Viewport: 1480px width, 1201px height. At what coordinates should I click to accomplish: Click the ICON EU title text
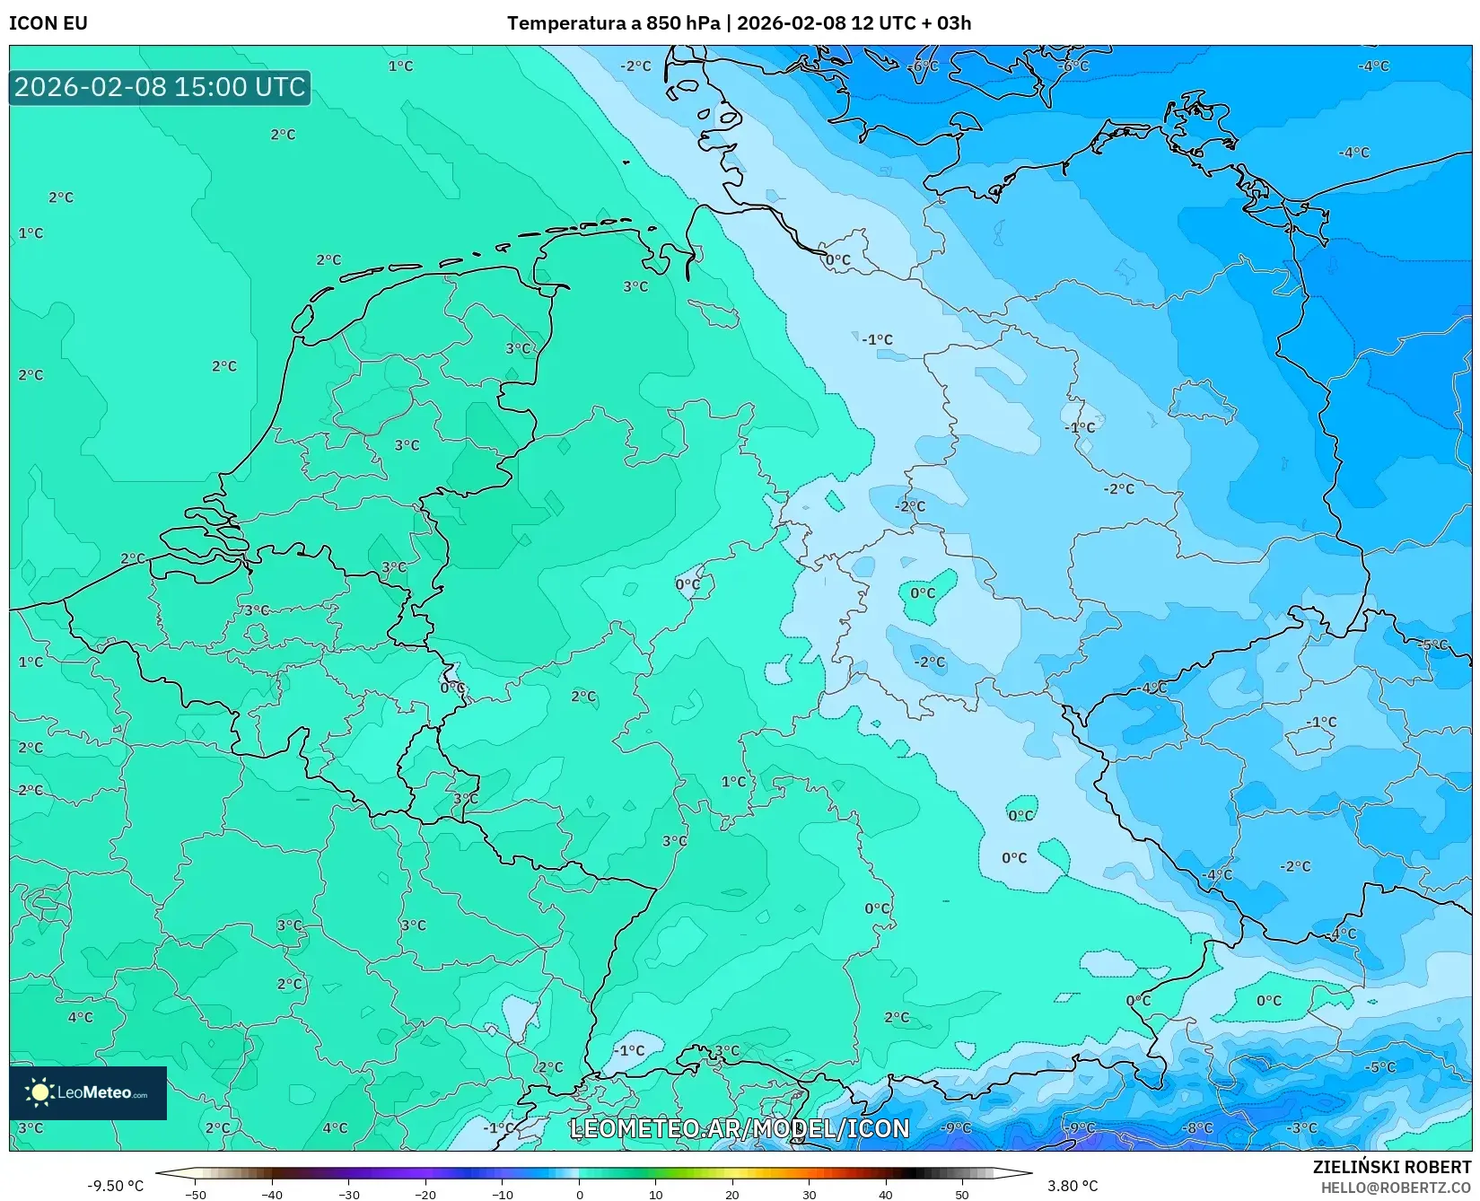click(x=48, y=23)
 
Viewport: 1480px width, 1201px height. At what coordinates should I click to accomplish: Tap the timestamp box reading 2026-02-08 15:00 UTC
click(x=160, y=87)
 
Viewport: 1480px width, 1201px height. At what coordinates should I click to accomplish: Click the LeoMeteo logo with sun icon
click(x=88, y=1092)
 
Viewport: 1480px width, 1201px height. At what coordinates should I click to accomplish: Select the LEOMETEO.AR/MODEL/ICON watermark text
click(x=740, y=1128)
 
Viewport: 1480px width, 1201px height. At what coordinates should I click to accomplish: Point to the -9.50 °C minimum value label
click(x=115, y=1186)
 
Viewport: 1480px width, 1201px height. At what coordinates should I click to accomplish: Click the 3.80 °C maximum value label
click(x=1073, y=1186)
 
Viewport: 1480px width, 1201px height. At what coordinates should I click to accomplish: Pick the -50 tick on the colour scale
click(x=195, y=1194)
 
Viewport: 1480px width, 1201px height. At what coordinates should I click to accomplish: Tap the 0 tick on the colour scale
click(x=579, y=1194)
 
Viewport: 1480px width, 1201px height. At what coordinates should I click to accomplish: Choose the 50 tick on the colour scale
click(x=962, y=1194)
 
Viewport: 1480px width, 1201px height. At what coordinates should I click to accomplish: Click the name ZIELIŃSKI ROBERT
click(x=1392, y=1167)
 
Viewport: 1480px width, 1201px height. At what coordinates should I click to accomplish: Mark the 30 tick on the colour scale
click(x=809, y=1194)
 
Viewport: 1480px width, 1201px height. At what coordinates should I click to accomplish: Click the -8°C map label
click(x=1196, y=1127)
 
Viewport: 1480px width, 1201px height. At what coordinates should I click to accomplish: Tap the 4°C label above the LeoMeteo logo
click(x=80, y=1017)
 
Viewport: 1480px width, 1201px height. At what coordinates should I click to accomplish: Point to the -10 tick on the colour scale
click(x=502, y=1194)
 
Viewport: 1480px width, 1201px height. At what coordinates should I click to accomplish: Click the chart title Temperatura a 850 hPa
click(x=613, y=23)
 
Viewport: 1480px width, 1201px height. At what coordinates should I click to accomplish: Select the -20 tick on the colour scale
click(x=425, y=1194)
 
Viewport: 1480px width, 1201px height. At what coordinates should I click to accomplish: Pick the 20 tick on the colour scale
click(x=732, y=1194)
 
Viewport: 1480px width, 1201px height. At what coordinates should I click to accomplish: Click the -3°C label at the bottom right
click(x=1301, y=1127)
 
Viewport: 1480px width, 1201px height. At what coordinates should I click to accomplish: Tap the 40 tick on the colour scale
click(x=886, y=1194)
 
